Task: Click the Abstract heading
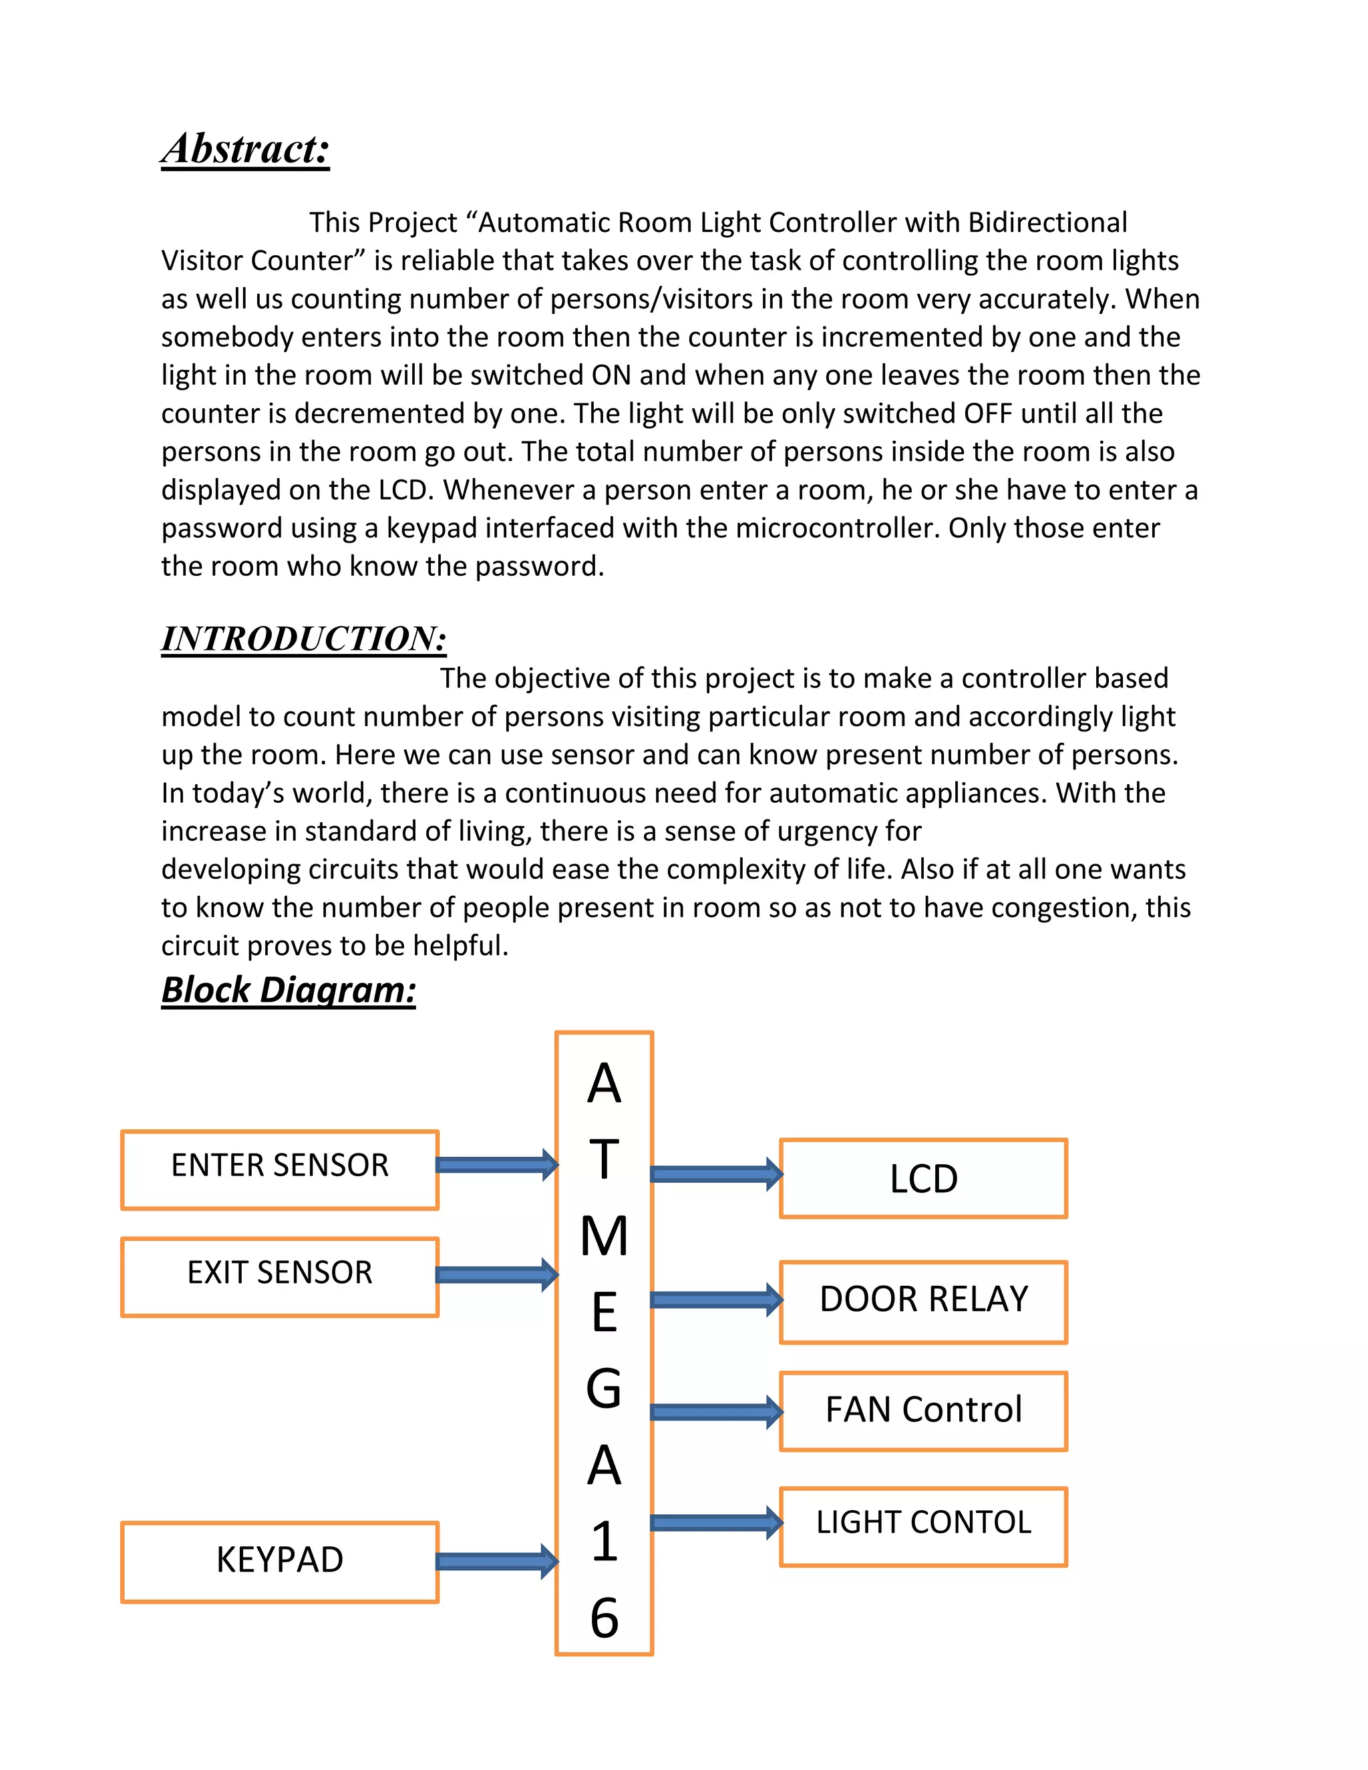point(246,149)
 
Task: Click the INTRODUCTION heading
point(304,639)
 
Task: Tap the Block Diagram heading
point(289,990)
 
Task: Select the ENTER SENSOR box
point(280,1170)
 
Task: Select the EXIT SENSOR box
point(280,1276)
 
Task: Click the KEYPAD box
point(280,1561)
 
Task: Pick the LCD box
point(923,1178)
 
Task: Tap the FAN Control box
point(923,1411)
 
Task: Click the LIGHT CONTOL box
point(923,1526)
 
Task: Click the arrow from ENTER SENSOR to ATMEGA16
point(496,1165)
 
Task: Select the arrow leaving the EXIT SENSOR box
point(496,1274)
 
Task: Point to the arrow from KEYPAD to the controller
point(496,1561)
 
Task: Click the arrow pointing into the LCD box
point(715,1174)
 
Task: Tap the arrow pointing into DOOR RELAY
point(715,1300)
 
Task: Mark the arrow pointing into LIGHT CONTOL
point(715,1523)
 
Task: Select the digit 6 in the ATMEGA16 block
point(604,1618)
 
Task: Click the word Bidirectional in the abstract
point(1047,222)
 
